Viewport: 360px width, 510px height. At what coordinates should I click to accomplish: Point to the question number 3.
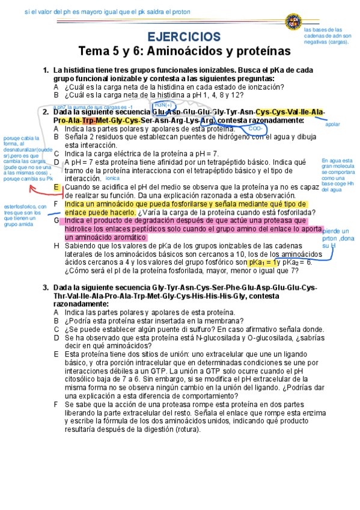point(46,288)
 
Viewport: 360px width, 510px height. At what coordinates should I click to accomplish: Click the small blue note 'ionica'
point(112,179)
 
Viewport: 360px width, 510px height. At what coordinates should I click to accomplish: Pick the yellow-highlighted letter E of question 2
point(56,188)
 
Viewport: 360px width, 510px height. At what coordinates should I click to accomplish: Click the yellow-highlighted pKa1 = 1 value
point(263,263)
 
